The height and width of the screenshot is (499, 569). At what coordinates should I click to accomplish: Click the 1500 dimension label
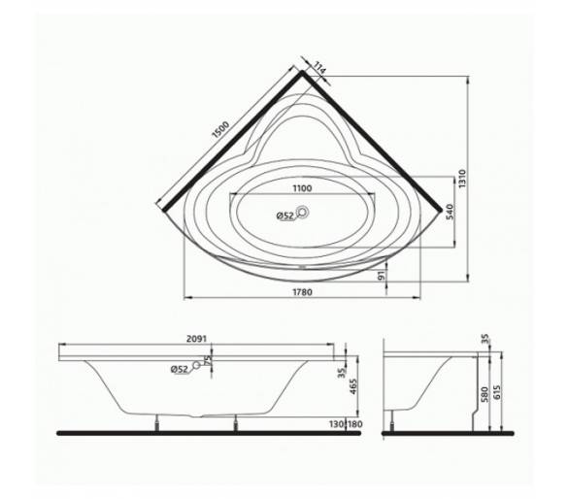pyautogui.click(x=220, y=130)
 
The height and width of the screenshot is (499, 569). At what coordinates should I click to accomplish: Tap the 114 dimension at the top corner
pyautogui.click(x=319, y=69)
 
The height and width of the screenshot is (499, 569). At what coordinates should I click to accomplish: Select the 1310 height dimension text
pyautogui.click(x=461, y=179)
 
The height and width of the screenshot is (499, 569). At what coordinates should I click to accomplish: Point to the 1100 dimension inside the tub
pyautogui.click(x=302, y=188)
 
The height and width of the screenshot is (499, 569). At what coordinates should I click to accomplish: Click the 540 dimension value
pyautogui.click(x=449, y=212)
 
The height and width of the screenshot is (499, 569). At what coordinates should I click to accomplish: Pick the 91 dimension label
pyautogui.click(x=381, y=276)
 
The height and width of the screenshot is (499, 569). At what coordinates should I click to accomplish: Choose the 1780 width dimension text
pyautogui.click(x=302, y=292)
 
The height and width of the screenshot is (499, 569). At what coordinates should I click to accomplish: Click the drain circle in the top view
pyautogui.click(x=302, y=212)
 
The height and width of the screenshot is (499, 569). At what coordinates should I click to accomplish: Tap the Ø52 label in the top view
pyautogui.click(x=284, y=216)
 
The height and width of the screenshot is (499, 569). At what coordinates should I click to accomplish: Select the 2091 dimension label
pyautogui.click(x=196, y=339)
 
